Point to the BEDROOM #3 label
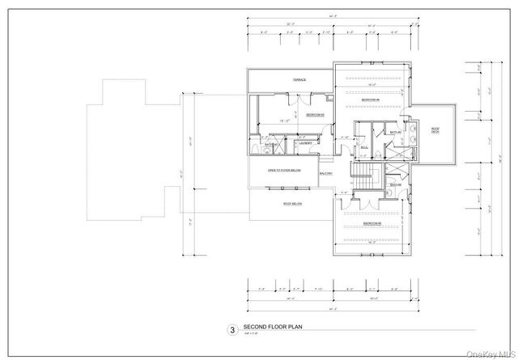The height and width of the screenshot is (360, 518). click(x=372, y=222)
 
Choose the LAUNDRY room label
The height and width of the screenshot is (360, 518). click(x=305, y=143)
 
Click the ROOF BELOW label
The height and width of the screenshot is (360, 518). click(x=292, y=204)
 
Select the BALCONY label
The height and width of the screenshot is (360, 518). click(x=327, y=173)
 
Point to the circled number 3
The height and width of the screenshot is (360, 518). click(x=231, y=330)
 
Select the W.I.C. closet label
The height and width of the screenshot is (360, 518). click(x=364, y=147)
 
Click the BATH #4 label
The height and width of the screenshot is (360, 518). click(x=395, y=133)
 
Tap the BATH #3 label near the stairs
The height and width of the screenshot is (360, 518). click(x=394, y=185)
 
